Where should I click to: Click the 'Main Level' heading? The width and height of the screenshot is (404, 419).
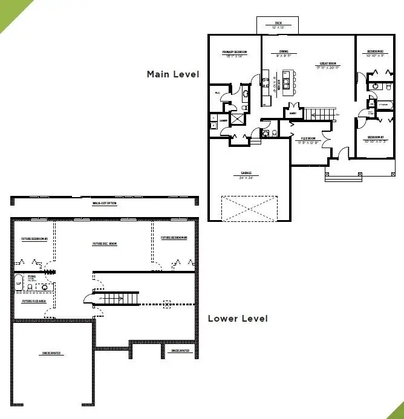(x=173, y=74)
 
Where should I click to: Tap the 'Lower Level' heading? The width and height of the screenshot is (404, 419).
(x=237, y=318)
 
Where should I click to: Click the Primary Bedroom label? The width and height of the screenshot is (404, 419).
(x=235, y=52)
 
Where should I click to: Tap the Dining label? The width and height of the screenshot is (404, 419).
(x=284, y=52)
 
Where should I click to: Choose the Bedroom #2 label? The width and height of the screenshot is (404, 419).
(x=376, y=52)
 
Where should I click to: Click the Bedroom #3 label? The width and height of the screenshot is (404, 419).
(x=376, y=138)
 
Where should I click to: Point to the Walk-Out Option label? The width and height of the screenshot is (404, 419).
(x=104, y=203)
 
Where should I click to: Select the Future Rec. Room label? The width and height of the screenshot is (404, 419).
(x=104, y=244)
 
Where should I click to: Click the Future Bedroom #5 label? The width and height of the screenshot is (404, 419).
(x=30, y=239)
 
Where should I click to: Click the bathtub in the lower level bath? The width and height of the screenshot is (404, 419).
(x=19, y=282)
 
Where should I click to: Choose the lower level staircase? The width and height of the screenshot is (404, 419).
(x=115, y=298)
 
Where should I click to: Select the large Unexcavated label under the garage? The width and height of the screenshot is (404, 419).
(x=51, y=353)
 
